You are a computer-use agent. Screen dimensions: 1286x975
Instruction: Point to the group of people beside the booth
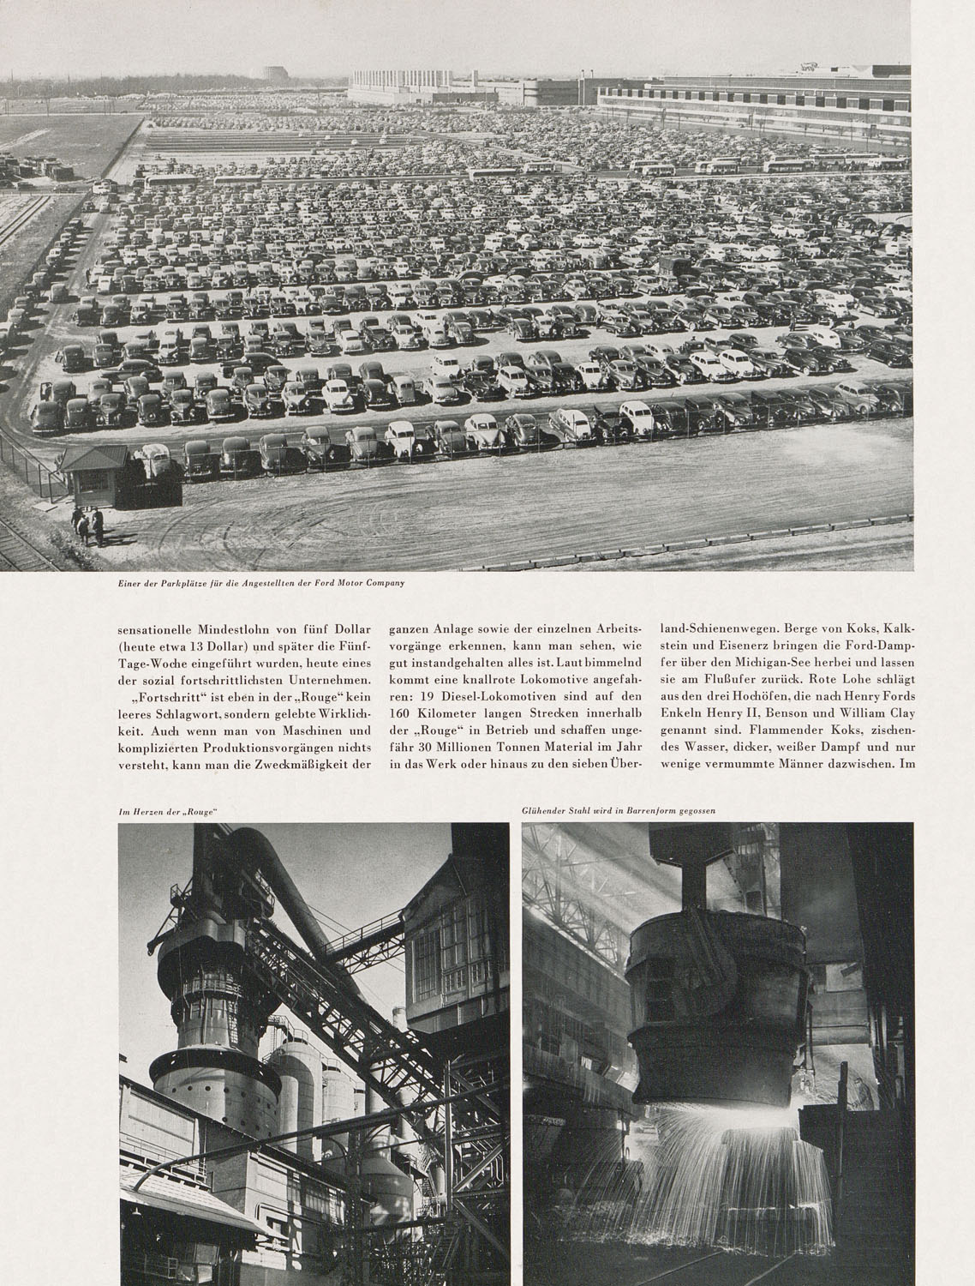click(88, 526)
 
